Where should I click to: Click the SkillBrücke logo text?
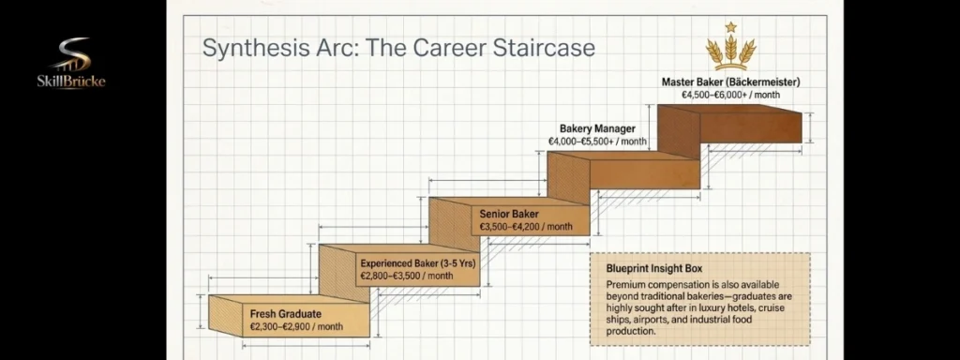[x=71, y=81]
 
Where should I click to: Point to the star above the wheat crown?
[x=730, y=27]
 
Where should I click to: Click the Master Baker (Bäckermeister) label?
[x=730, y=82]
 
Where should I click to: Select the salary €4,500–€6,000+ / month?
[x=730, y=95]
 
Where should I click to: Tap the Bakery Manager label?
[x=597, y=129]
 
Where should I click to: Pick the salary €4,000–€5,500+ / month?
[x=597, y=142]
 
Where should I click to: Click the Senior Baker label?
[x=509, y=215]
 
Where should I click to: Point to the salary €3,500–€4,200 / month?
[x=526, y=227]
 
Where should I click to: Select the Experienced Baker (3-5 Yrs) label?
[x=417, y=263]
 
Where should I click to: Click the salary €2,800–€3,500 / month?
[x=407, y=277]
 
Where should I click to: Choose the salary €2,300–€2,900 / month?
[x=296, y=327]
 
